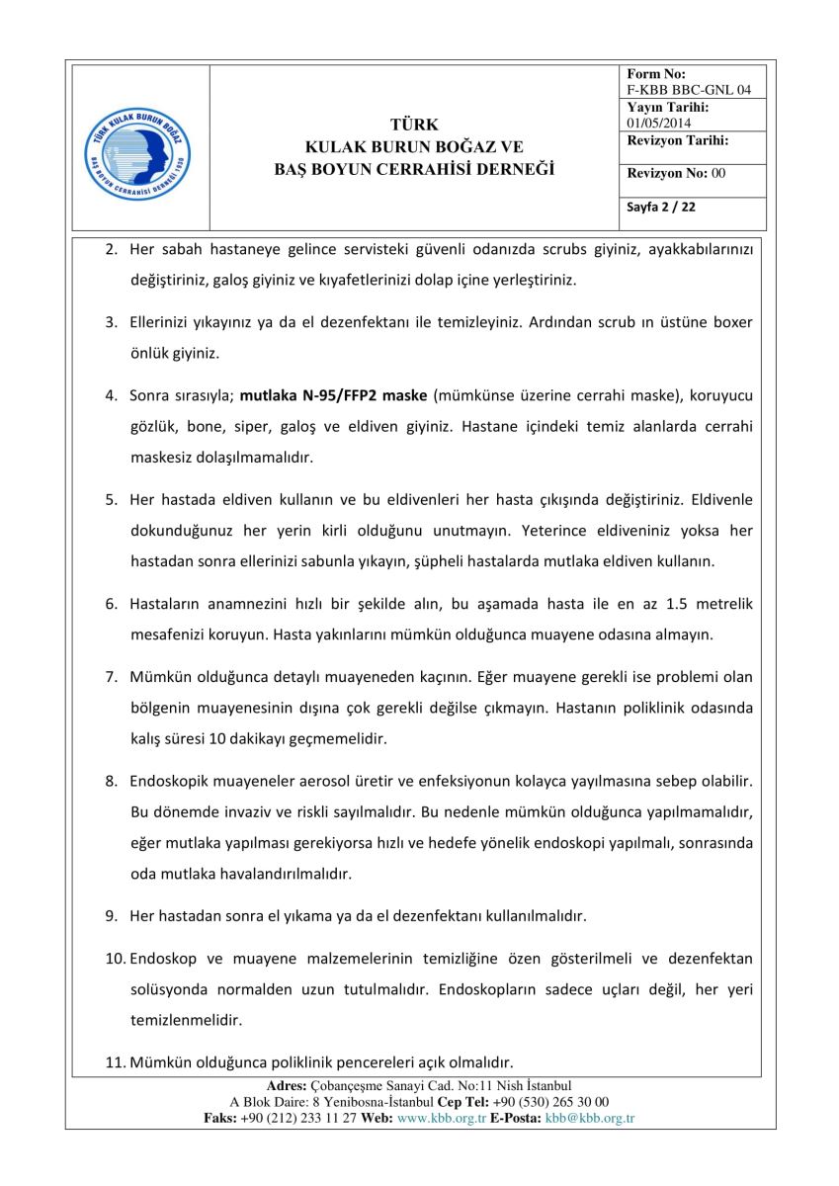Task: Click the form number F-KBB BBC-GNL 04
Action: pos(689,90)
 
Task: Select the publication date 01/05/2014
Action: pos(659,123)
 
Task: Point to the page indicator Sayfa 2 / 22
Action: pos(661,208)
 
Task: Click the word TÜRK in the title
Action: pos(414,125)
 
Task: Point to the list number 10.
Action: pos(116,958)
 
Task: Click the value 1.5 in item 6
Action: pos(677,604)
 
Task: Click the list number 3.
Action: pos(112,322)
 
